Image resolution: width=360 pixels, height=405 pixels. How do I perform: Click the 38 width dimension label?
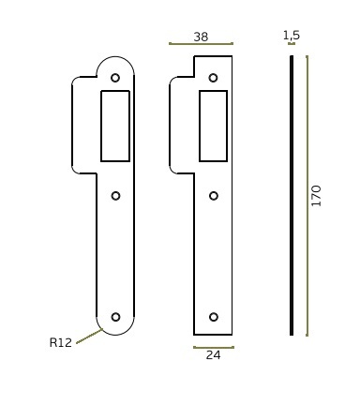click(201, 37)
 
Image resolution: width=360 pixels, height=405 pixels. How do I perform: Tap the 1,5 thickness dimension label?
click(292, 35)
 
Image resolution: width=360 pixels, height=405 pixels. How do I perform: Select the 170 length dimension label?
click(316, 196)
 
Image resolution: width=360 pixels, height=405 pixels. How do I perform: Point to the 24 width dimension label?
click(213, 355)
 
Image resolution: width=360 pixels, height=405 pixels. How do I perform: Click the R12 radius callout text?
click(61, 342)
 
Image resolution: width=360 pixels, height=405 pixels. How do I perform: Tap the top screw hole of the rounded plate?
click(115, 78)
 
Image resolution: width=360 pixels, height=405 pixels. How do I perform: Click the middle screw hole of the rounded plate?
click(115, 196)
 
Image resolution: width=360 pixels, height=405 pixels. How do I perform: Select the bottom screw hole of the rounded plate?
click(115, 317)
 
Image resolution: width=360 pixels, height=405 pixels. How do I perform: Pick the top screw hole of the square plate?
click(213, 78)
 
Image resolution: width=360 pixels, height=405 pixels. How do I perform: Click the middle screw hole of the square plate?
click(214, 196)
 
